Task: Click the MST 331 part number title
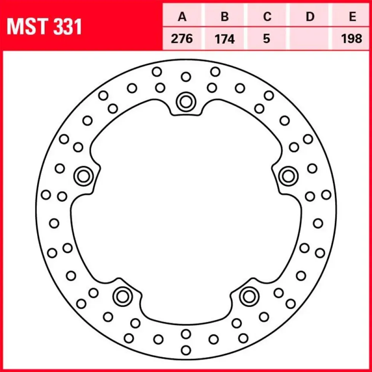tap(44, 26)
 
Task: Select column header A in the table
tap(182, 17)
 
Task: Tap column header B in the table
tap(225, 17)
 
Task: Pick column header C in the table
tap(267, 17)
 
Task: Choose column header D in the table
tap(310, 17)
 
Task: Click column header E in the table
tap(353, 17)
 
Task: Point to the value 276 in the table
tap(182, 39)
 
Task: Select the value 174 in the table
tap(225, 39)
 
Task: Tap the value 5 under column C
tap(267, 39)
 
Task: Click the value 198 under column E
tap(352, 39)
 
